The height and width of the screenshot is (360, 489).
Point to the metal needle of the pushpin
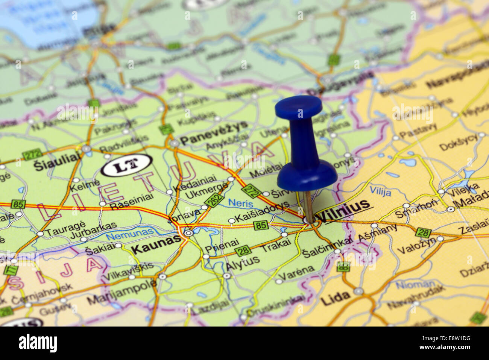coord(308,207)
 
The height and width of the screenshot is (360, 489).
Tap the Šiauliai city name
coord(58,164)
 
